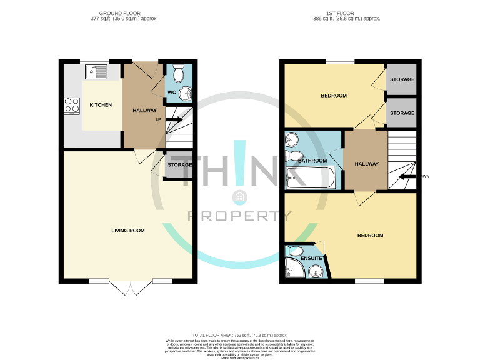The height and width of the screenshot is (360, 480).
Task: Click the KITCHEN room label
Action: [101, 105]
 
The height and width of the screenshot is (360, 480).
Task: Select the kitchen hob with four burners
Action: [72, 106]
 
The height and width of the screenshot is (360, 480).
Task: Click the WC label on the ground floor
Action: [171, 94]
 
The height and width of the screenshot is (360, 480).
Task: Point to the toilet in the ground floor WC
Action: [177, 69]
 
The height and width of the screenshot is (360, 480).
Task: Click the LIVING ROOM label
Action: [128, 231]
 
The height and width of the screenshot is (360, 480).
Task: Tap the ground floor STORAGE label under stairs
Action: [179, 165]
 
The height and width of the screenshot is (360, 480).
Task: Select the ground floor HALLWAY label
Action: [145, 111]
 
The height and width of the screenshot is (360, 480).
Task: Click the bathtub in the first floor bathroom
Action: [311, 178]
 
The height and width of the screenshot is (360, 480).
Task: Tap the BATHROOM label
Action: [312, 161]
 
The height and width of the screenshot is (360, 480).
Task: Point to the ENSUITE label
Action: [311, 258]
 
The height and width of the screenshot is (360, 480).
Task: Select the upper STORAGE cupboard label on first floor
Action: [402, 80]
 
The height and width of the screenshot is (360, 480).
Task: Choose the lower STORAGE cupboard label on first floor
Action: [402, 113]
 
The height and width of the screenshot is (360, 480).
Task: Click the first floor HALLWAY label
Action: [367, 164]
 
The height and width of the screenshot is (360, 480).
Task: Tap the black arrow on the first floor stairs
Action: [408, 177]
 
